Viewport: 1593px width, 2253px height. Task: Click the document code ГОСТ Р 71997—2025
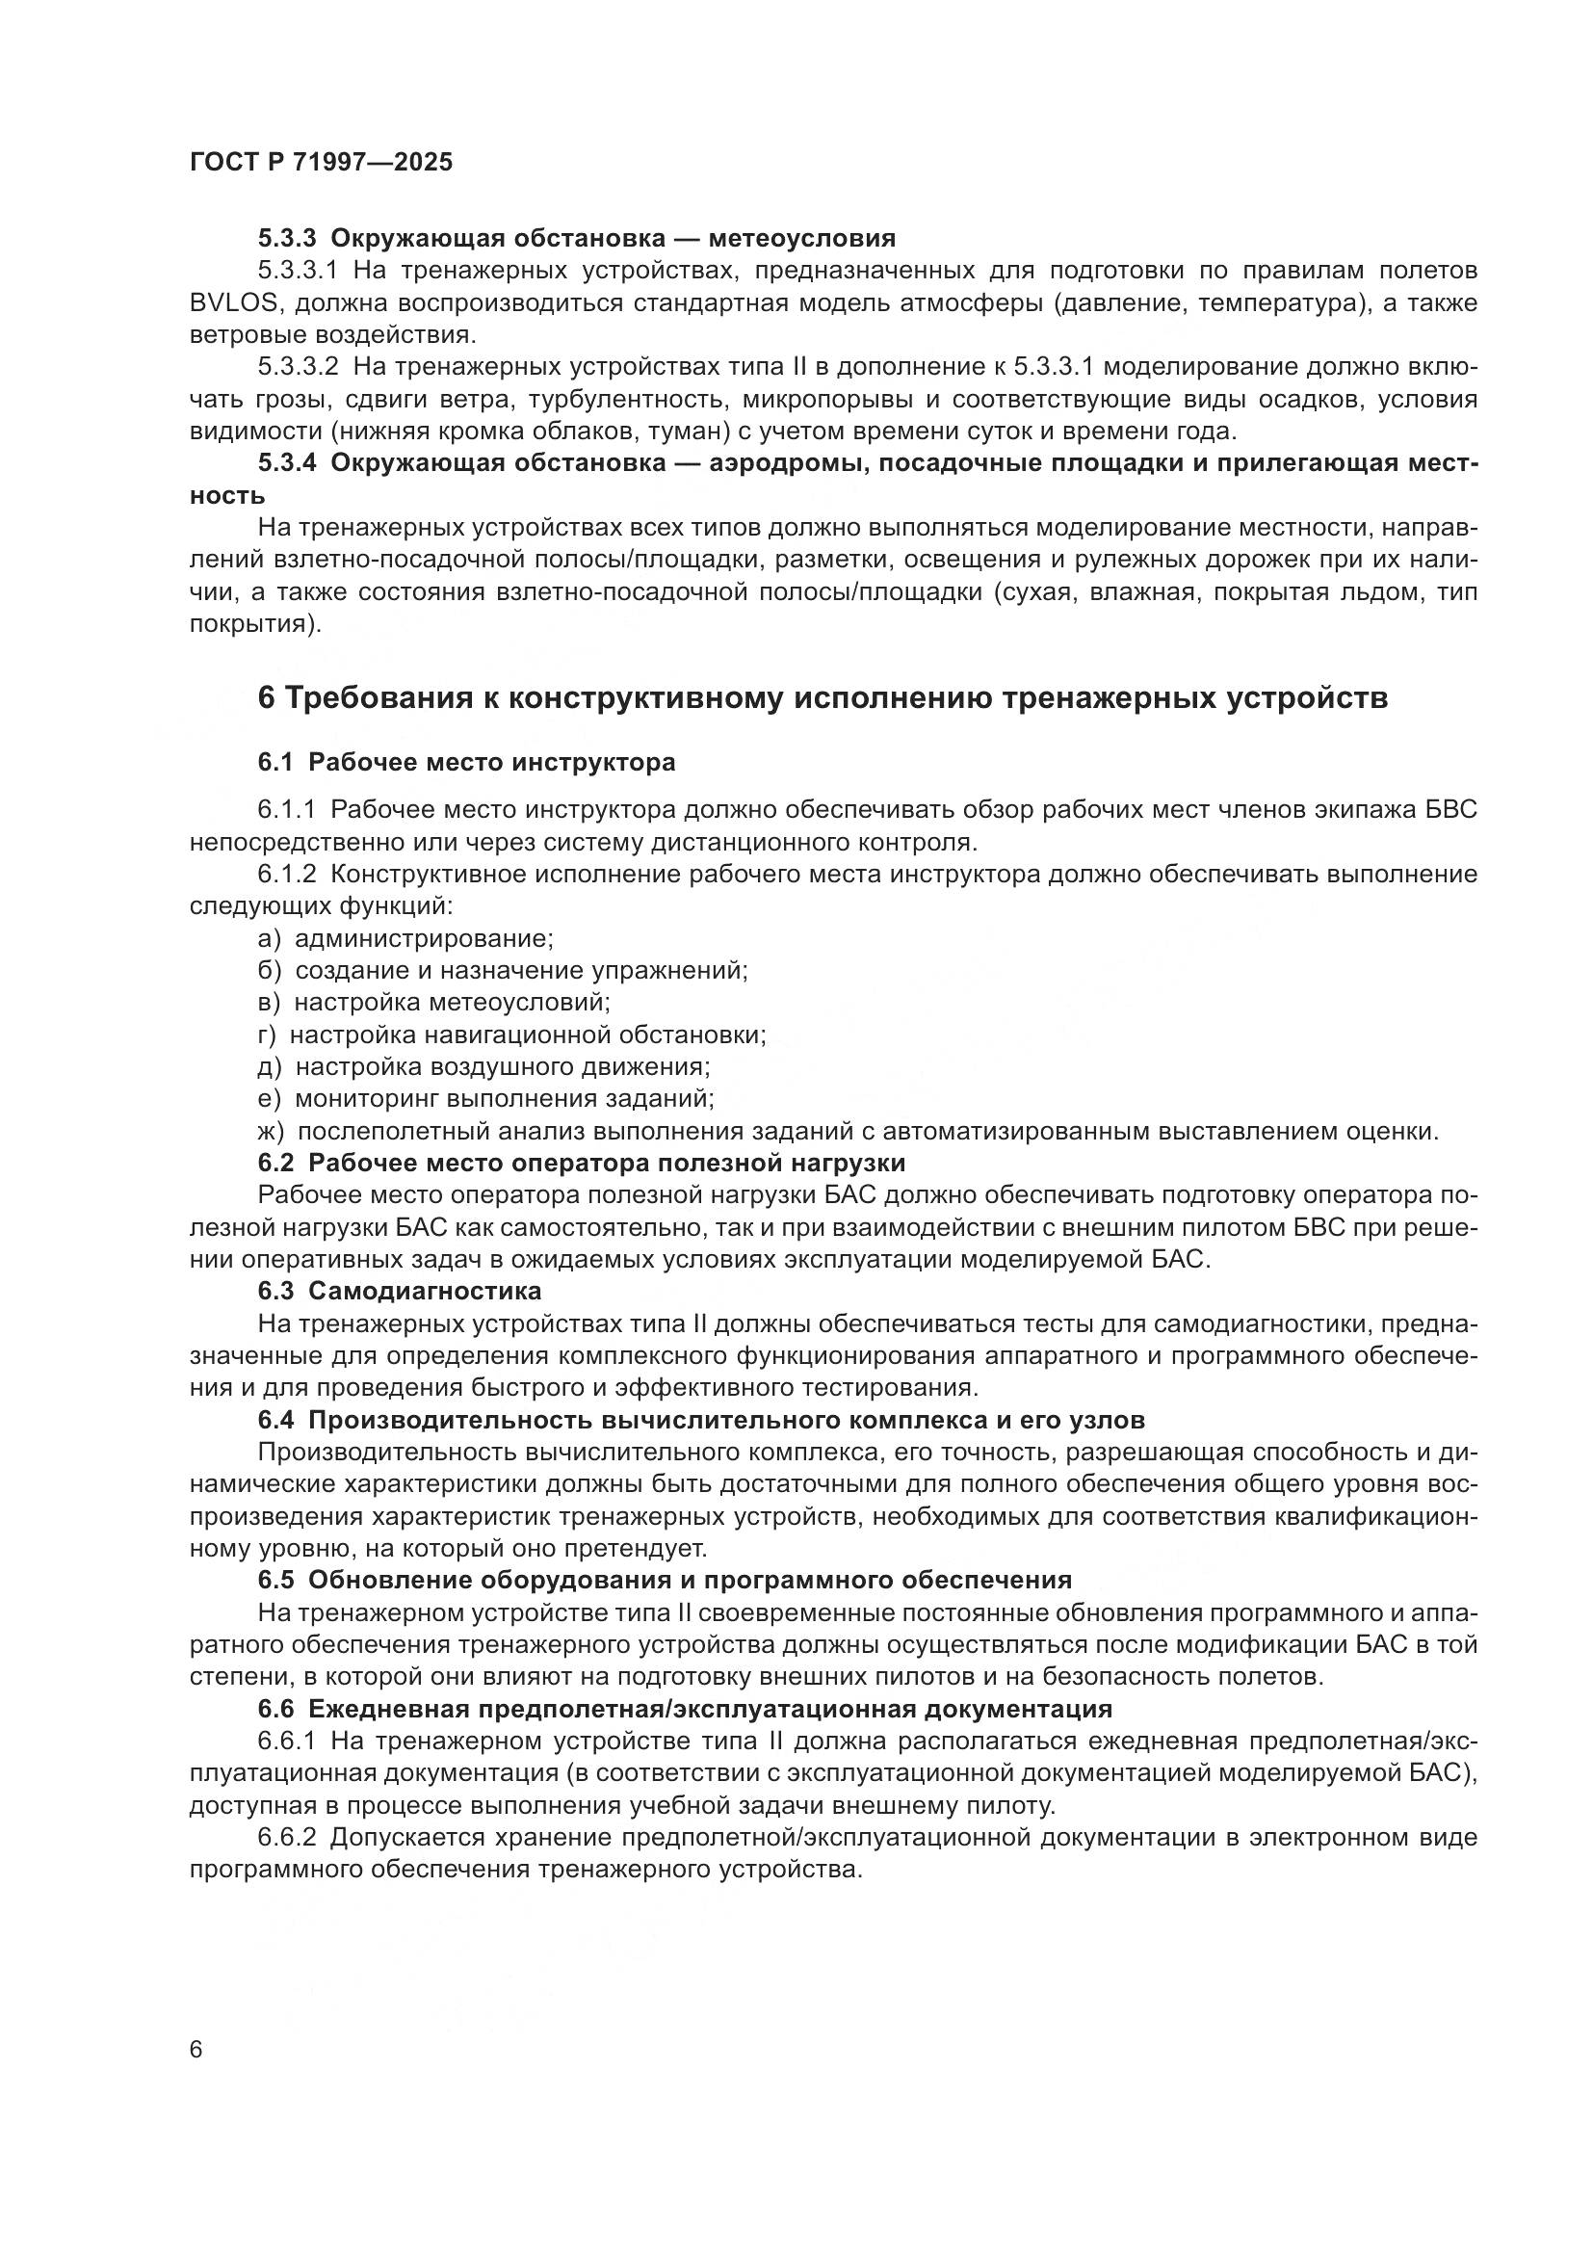(x=321, y=163)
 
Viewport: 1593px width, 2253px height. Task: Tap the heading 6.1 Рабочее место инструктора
(x=466, y=763)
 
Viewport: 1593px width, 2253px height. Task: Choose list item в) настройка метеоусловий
(x=433, y=1002)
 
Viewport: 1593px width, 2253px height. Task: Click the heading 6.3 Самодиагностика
(x=400, y=1291)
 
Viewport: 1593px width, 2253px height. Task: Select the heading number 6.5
(x=275, y=1580)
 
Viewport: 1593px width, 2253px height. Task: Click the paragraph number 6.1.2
(x=287, y=875)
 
